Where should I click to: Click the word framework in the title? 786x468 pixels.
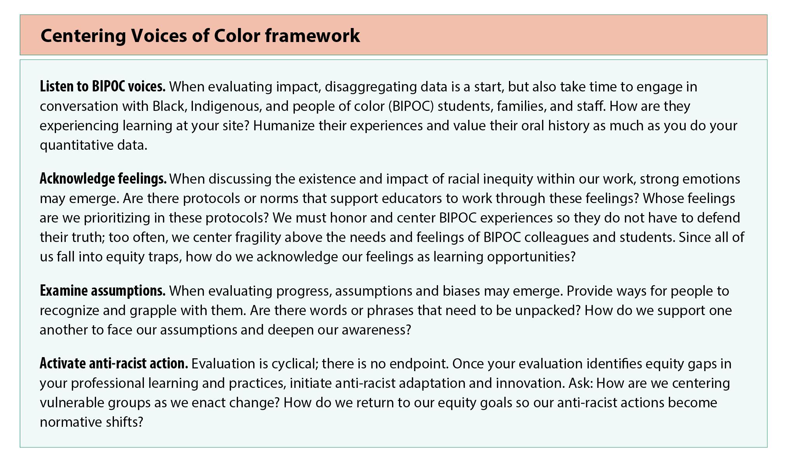(x=312, y=35)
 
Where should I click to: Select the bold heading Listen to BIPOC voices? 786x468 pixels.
(x=103, y=86)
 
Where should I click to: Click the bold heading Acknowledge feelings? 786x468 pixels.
(x=103, y=179)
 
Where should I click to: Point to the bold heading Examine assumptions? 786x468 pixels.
(x=103, y=291)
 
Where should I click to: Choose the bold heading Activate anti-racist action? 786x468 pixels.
(x=114, y=364)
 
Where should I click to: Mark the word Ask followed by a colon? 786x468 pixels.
(x=581, y=383)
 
